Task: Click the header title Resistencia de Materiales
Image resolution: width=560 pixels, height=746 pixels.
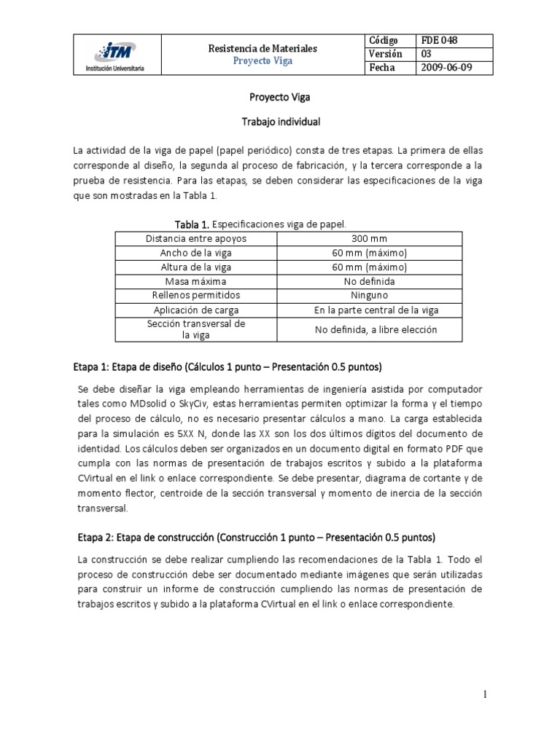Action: (262, 48)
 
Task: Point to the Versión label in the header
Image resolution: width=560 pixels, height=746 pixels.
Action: (386, 54)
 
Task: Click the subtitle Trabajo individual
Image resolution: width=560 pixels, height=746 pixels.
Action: (280, 122)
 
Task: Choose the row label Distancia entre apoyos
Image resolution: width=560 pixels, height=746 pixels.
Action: (196, 238)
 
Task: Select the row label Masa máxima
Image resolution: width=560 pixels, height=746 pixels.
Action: (196, 281)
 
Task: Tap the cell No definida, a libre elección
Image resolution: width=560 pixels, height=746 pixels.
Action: (375, 329)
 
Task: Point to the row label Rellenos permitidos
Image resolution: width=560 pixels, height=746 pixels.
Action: (196, 296)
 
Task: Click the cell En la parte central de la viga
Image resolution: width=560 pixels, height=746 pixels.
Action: (375, 310)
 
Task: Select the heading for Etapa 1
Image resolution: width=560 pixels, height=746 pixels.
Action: (228, 365)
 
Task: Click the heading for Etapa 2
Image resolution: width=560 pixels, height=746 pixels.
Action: (254, 538)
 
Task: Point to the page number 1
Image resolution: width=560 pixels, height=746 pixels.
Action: (484, 695)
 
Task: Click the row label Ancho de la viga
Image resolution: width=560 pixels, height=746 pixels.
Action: (196, 253)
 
